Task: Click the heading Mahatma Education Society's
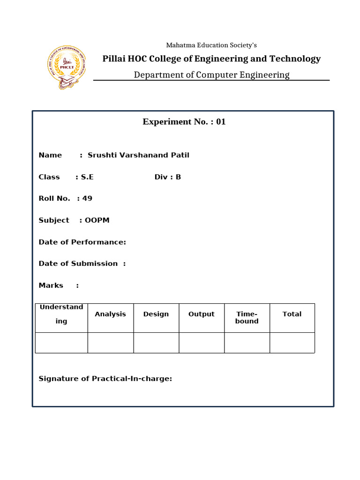[x=211, y=45]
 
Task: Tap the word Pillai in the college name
[x=114, y=59]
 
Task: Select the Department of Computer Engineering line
[x=211, y=75]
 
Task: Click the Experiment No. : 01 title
[x=184, y=122]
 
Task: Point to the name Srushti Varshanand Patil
[x=138, y=155]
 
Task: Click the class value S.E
[x=87, y=177]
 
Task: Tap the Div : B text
[x=168, y=177]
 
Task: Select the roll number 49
[x=87, y=198]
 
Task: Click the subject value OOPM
[x=97, y=220]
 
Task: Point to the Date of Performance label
[x=82, y=242]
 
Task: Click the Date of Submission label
[x=78, y=263]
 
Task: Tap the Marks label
[x=51, y=285]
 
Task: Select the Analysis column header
[x=110, y=314]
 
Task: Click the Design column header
[x=156, y=314]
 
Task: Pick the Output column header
[x=201, y=314]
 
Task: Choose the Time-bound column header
[x=247, y=317]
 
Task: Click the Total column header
[x=292, y=314]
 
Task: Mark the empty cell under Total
[x=292, y=343]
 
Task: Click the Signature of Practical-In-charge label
[x=105, y=378]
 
